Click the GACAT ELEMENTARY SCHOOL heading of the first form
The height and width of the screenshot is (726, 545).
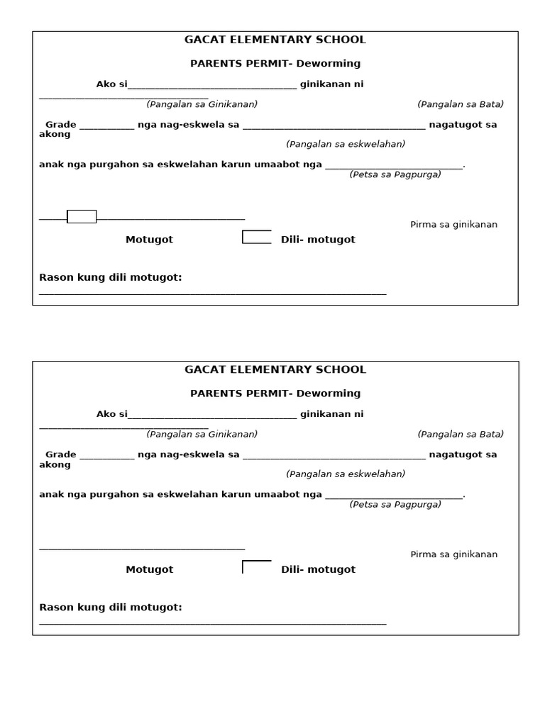coord(275,40)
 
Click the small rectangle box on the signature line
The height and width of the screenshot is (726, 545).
coord(82,217)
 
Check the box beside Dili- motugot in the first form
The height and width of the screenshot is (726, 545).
coord(256,237)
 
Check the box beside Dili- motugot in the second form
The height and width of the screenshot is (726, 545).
coord(256,567)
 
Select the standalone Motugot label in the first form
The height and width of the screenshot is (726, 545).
coord(149,240)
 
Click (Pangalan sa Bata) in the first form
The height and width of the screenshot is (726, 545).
coord(461,104)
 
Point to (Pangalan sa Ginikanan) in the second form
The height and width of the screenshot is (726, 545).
coord(202,434)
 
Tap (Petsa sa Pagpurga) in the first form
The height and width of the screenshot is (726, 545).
coord(395,174)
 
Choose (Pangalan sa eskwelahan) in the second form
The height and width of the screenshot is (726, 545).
coord(346,474)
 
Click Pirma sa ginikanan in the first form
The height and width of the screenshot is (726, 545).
coord(453,225)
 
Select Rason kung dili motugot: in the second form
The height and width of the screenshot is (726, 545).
coord(111,608)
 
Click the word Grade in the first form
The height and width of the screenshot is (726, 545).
coord(61,125)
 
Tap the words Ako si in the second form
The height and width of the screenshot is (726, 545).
coord(111,414)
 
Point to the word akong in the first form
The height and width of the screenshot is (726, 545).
coord(55,135)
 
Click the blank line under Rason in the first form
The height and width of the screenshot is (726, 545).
coord(213,292)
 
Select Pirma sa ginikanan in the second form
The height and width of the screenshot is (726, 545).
coord(453,554)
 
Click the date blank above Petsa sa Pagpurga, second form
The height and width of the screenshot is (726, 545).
coord(393,496)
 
